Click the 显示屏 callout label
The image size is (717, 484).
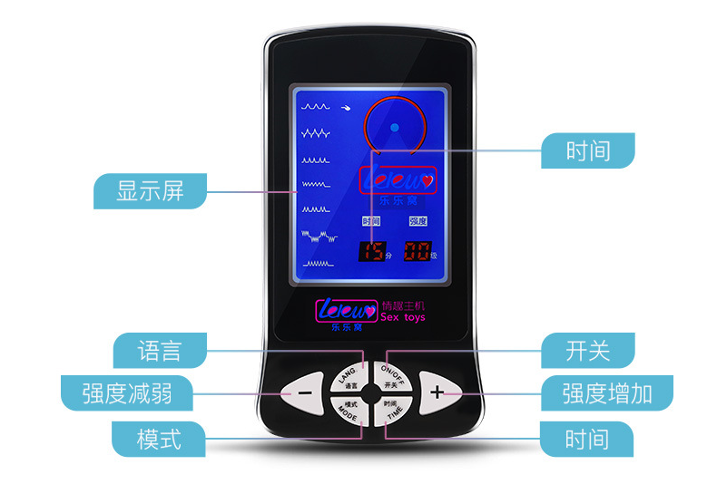click(x=151, y=192)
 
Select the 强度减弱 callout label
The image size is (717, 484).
click(x=126, y=392)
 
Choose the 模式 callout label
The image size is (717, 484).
click(x=159, y=439)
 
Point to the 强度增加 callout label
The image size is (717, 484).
click(x=605, y=392)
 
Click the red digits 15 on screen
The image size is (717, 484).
click(x=370, y=251)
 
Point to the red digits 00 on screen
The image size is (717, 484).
click(x=417, y=251)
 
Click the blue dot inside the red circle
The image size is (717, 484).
click(x=396, y=128)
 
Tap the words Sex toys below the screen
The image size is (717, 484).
click(x=402, y=318)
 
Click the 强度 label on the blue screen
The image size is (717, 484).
click(x=417, y=221)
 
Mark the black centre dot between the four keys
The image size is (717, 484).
click(x=372, y=393)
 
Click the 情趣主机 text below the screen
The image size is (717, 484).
click(x=403, y=305)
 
